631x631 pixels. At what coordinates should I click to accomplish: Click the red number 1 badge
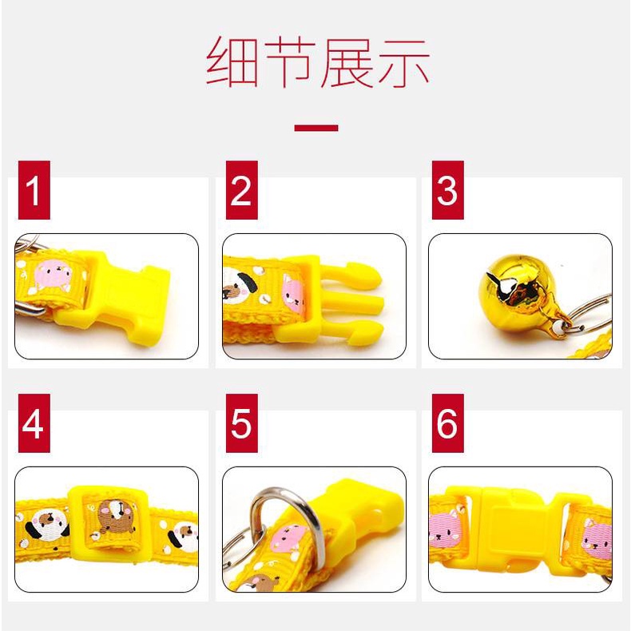[x=34, y=190]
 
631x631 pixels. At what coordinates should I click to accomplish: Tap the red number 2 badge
[x=241, y=190]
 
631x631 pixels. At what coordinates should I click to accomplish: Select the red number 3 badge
[x=448, y=190]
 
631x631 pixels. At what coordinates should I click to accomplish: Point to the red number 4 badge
[x=34, y=423]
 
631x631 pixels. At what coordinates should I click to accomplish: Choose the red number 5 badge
[x=241, y=423]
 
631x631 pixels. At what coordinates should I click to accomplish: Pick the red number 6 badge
[x=448, y=423]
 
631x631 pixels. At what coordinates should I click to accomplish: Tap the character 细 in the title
[x=232, y=62]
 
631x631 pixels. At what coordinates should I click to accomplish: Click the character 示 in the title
[x=403, y=63]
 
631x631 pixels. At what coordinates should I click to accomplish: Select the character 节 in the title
[x=289, y=62]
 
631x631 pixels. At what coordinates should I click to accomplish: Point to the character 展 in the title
[x=347, y=62]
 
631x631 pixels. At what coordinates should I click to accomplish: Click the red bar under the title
[x=316, y=128]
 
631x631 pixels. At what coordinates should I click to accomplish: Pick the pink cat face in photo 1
[x=53, y=274]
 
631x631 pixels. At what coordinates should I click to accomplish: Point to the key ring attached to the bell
[x=589, y=314]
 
